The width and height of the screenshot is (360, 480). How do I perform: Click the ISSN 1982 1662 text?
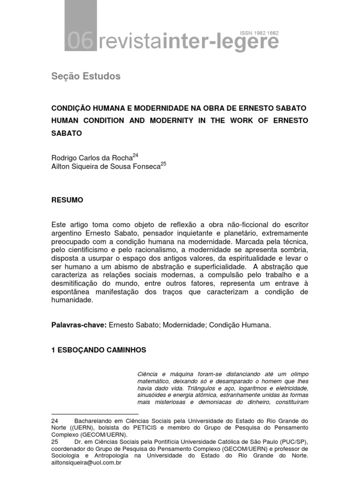[x=259, y=33]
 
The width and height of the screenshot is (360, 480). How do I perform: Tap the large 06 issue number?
[x=81, y=43]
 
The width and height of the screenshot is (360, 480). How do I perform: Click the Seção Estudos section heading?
[x=85, y=76]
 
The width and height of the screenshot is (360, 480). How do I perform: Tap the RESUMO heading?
[x=67, y=200]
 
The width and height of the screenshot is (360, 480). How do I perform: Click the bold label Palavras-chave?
[x=79, y=325]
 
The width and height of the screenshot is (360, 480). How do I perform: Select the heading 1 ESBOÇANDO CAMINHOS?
[x=98, y=350]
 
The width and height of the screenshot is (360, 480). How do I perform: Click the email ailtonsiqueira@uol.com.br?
[x=87, y=462]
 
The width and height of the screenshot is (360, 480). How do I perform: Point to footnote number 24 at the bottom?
[x=54, y=421]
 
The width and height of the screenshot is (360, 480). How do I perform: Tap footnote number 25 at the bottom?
[x=54, y=442]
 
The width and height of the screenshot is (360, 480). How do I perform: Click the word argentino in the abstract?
[x=67, y=232]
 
